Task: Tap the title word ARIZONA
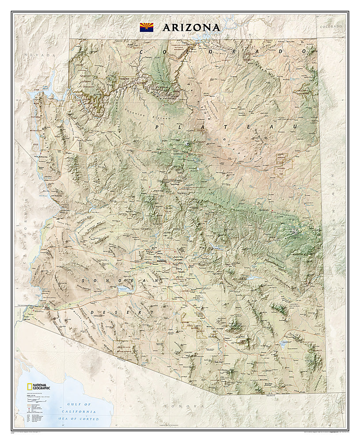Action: point(191,27)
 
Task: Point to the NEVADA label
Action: point(41,55)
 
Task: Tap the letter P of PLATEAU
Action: point(157,127)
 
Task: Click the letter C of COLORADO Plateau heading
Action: point(142,52)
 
